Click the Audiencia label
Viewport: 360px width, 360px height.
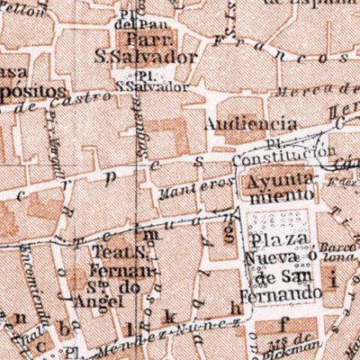(251, 122)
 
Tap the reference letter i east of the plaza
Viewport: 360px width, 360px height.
(335, 280)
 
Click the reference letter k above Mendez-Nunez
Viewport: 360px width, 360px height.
(167, 319)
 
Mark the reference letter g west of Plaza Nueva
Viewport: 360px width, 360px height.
(228, 232)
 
